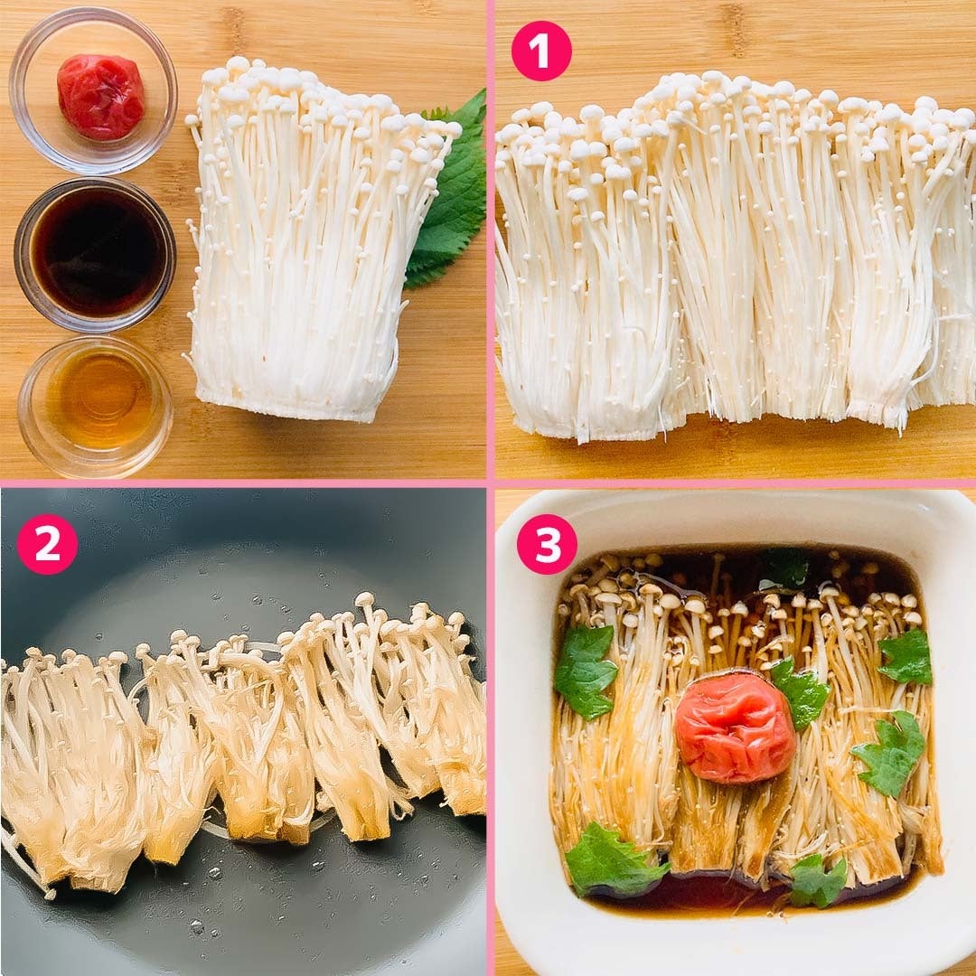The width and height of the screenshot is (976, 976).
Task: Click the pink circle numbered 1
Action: [x=541, y=51]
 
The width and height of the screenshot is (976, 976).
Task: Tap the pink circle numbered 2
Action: [x=47, y=543]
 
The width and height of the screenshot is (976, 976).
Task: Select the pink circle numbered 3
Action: [x=547, y=544]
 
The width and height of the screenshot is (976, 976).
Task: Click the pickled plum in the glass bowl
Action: [x=100, y=96]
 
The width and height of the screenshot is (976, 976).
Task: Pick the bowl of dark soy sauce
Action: [x=95, y=255]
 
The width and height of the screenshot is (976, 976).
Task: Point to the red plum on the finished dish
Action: [x=735, y=727]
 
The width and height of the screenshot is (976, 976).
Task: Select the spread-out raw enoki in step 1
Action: [x=735, y=255]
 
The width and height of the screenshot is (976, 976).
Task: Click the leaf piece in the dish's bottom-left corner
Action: [x=613, y=860]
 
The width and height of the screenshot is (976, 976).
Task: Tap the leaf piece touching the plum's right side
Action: [x=800, y=692]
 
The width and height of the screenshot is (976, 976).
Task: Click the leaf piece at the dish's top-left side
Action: [x=584, y=671]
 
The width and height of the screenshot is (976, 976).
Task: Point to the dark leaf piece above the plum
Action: [x=784, y=569]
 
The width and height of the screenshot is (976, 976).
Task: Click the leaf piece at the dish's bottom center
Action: [x=817, y=881]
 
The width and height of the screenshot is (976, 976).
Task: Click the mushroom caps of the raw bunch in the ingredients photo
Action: [x=324, y=99]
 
